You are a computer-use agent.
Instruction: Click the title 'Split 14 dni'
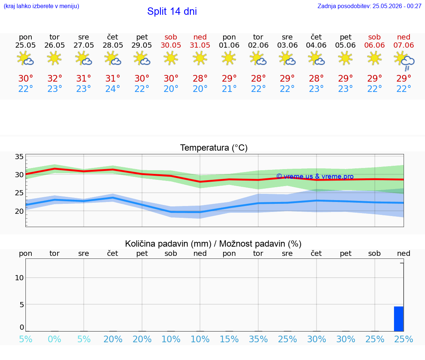(x=172, y=11)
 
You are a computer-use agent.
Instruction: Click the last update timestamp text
(x=369, y=6)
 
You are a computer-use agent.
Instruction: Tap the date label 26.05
(x=55, y=45)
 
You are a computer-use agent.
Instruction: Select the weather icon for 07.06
(x=404, y=60)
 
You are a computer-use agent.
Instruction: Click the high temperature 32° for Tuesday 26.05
(x=55, y=79)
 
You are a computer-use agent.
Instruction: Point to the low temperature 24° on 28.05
(x=113, y=89)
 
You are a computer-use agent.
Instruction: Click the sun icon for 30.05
(x=171, y=58)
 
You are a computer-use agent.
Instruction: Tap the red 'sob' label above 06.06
(x=374, y=37)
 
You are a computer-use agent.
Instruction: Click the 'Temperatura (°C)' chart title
(x=214, y=148)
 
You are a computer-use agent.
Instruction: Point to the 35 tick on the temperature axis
(x=19, y=157)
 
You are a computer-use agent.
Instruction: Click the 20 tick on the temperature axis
(x=19, y=211)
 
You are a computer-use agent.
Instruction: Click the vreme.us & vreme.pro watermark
(x=315, y=176)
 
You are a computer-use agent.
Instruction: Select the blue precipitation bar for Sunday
(x=399, y=319)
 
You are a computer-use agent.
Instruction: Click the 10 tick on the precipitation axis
(x=19, y=278)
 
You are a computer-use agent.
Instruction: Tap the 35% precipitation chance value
(x=258, y=339)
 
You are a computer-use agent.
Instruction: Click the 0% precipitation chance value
(x=55, y=339)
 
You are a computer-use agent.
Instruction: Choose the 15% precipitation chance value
(x=229, y=339)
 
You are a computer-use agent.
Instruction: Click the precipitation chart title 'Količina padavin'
(x=168, y=244)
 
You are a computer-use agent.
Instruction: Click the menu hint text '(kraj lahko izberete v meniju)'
(x=41, y=6)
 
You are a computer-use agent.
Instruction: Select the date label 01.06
(x=229, y=45)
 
